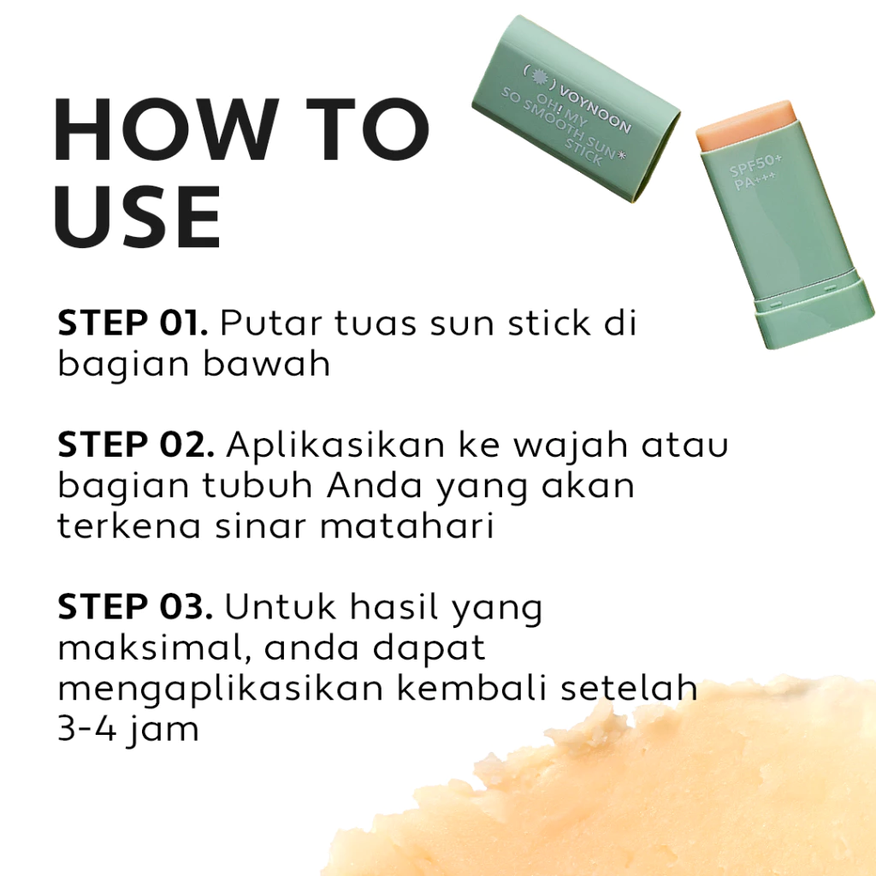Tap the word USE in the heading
point(138,216)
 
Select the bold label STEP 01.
point(133,323)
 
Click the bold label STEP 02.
point(136,445)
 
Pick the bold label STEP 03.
point(135,607)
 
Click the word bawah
point(267,364)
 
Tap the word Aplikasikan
point(335,445)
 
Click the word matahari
point(406,526)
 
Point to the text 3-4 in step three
point(88,729)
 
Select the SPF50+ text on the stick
point(755,164)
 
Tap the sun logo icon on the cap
point(539,76)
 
